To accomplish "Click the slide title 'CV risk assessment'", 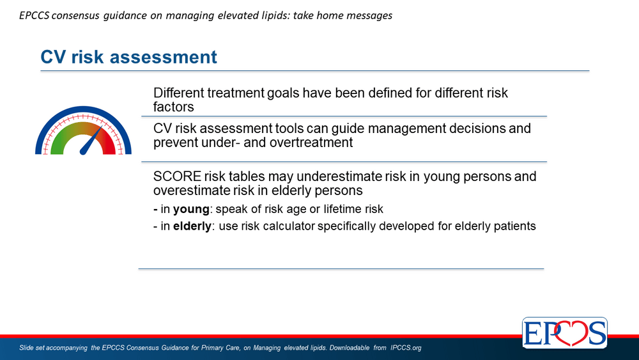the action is (128, 57).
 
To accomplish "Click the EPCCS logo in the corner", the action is (565, 333).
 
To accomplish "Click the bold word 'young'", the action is (191, 209).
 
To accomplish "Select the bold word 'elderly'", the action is (192, 226).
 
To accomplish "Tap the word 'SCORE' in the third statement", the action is (177, 176).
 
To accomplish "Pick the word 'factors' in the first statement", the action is (174, 107).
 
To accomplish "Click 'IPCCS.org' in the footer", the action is (406, 348).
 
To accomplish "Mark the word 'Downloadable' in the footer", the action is (350, 348).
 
